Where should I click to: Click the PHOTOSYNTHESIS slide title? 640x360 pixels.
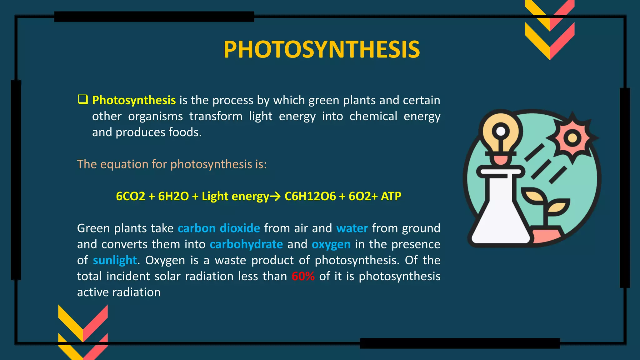[322, 50]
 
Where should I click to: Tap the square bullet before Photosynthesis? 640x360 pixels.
[83, 100]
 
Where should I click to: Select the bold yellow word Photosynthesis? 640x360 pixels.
[134, 100]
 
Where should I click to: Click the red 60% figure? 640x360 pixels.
[303, 276]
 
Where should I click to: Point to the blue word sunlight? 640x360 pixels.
[115, 260]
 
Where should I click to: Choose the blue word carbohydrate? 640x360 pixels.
[246, 244]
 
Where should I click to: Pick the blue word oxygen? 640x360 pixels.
[331, 244]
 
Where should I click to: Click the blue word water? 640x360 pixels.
[352, 228]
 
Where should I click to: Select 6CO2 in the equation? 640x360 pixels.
[130, 196]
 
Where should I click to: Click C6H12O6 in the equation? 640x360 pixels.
[310, 196]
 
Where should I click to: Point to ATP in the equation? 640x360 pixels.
[391, 196]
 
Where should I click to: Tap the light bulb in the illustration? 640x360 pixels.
[501, 134]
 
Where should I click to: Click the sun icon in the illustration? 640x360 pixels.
[572, 138]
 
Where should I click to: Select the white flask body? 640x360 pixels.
[500, 219]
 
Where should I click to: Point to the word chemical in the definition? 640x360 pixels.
[373, 116]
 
